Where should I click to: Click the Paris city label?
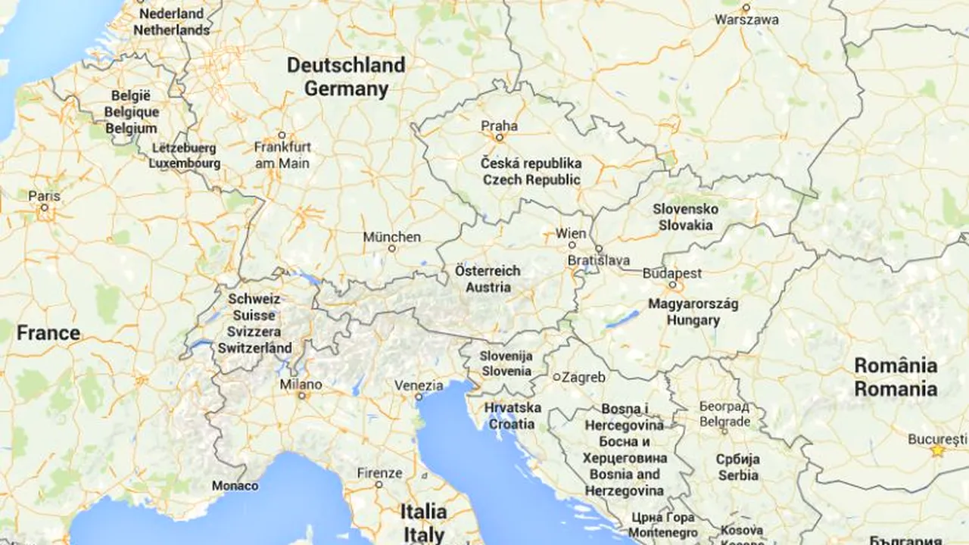point(44,195)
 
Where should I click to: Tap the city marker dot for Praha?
point(499,138)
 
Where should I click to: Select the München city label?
point(391,237)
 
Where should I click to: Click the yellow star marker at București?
point(938,450)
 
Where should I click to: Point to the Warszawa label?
point(746,20)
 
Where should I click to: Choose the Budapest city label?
point(672,273)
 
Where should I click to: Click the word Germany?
point(346,89)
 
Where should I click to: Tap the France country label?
point(48,333)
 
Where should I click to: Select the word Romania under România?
point(896,389)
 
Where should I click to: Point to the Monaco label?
point(235,485)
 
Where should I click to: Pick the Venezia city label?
point(419,385)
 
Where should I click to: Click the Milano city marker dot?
point(301,395)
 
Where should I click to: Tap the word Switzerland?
point(255,348)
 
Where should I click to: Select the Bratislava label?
point(599,260)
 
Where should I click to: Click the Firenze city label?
point(379,473)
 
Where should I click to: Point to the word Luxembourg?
point(185,163)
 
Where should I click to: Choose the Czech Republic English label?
point(532,179)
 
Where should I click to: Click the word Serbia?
point(738,475)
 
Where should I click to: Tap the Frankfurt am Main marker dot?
point(282,135)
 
